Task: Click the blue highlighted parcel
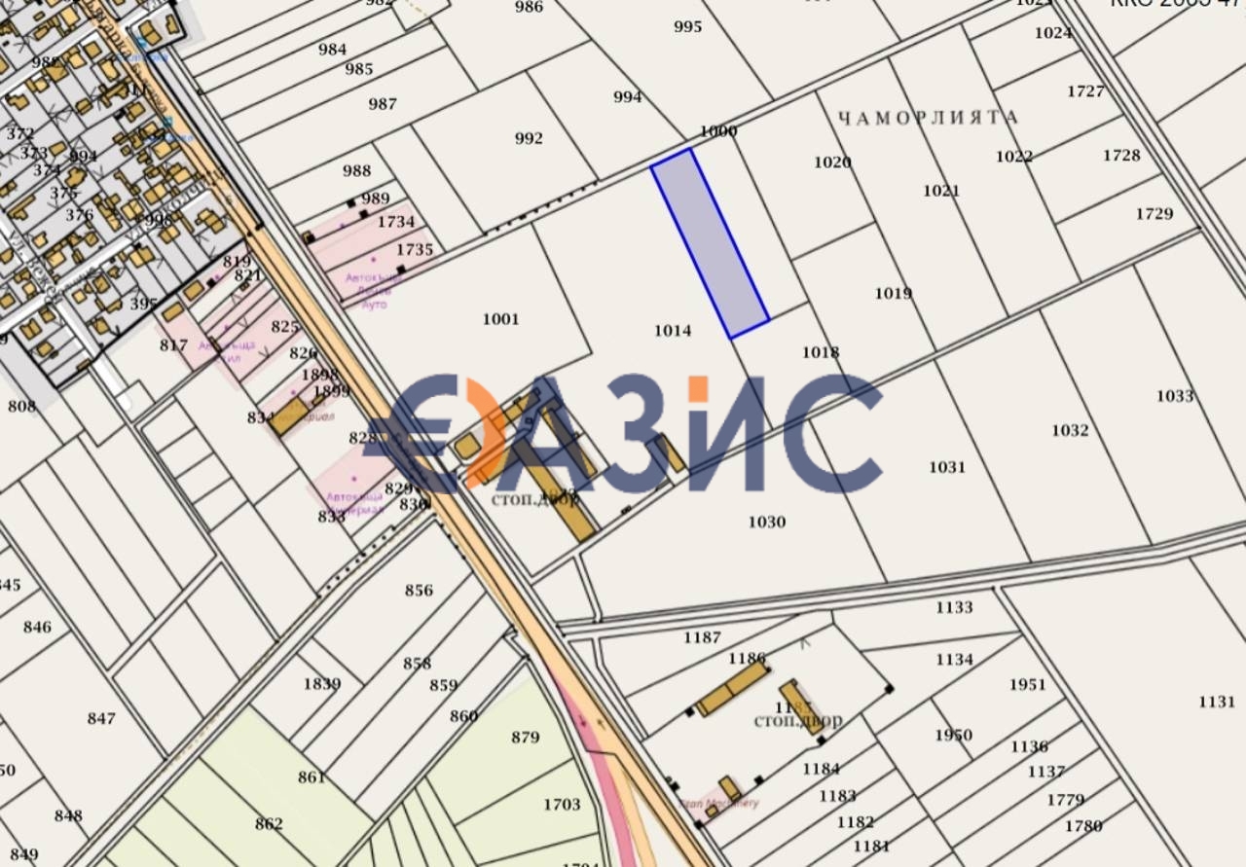coord(710,243)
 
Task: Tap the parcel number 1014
coord(673,331)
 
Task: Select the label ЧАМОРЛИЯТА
coord(928,118)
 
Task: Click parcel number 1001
coord(500,319)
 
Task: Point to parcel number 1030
coord(767,523)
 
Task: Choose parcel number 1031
coord(946,467)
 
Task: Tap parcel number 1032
coord(1070,430)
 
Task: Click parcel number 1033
coord(1175,396)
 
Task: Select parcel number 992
coord(529,138)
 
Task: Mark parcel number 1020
coord(832,163)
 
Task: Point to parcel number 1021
coord(941,191)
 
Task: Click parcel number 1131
coord(1217,702)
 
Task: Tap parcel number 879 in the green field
coord(525,738)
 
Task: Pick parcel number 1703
coord(562,805)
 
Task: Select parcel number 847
coord(101,719)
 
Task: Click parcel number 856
coord(419,591)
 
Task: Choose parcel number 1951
coord(1027,685)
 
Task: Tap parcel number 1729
coord(1154,214)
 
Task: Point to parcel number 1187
coord(702,638)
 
